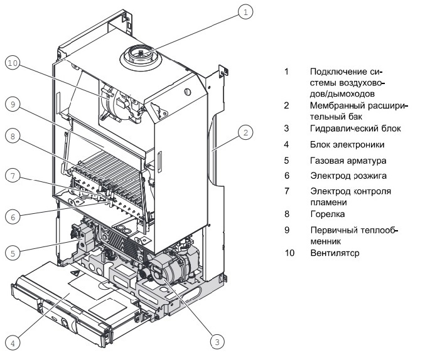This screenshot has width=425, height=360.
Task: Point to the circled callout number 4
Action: pos(13,342)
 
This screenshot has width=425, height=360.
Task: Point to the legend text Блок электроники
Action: pos(343,145)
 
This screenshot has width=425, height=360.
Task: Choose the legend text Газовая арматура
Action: pos(344,160)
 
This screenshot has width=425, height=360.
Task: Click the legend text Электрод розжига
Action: pos(344,176)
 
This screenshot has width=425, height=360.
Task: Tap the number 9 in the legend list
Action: pos(286,230)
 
